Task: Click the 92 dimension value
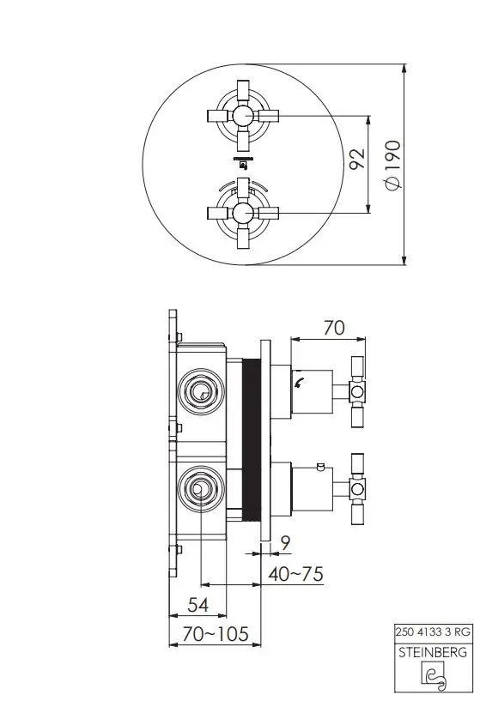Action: [357, 158]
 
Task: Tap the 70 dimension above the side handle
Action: [334, 328]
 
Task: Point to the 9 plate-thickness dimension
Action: [285, 543]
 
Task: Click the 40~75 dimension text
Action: [295, 574]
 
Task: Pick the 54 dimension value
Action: [198, 605]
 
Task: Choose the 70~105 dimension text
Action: [216, 634]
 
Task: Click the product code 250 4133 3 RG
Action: [433, 631]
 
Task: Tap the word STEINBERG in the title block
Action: [433, 652]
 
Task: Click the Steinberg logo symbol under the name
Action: [434, 676]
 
